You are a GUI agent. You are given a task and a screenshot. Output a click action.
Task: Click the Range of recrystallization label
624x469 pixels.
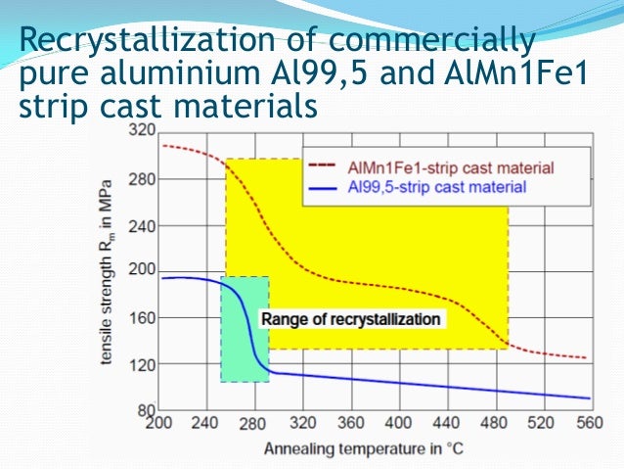[350, 319]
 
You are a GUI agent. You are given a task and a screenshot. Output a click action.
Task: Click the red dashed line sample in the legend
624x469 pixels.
[324, 167]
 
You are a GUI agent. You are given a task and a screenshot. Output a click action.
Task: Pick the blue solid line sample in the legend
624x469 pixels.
[324, 185]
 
